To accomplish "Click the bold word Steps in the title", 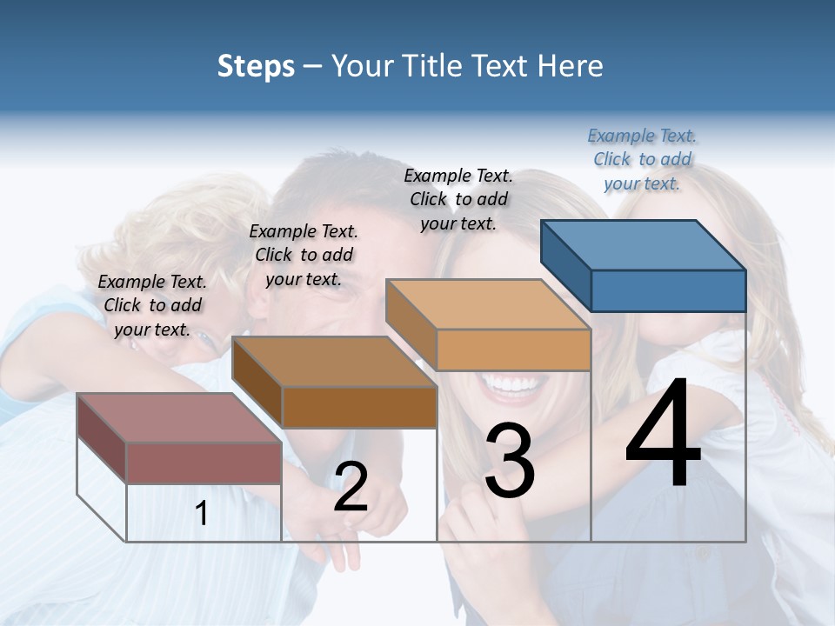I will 256,66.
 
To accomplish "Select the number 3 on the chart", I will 509,463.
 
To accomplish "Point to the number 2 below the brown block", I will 351,487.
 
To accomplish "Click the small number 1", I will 201,514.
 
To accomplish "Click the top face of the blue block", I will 644,243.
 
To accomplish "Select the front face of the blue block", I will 668,290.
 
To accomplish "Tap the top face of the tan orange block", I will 487,304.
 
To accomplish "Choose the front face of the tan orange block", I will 513,350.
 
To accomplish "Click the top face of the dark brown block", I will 333,361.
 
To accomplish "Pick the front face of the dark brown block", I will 358,407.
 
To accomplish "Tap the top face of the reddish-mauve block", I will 178,417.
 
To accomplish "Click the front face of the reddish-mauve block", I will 204,463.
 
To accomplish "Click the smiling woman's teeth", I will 513,383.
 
